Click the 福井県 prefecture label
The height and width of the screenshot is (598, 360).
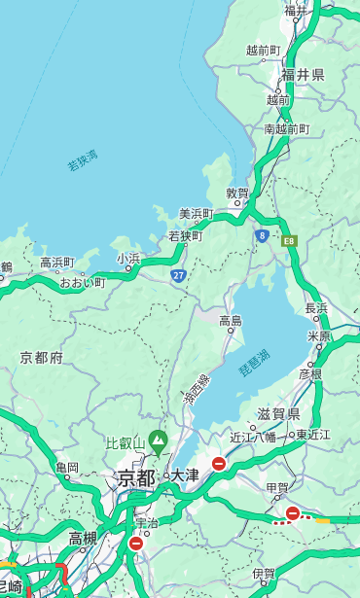pyautogui.click(x=303, y=75)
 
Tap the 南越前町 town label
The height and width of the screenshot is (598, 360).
pyautogui.click(x=286, y=129)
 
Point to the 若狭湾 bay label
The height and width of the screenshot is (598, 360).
pyautogui.click(x=83, y=160)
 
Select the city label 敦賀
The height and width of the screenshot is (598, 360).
pyautogui.click(x=237, y=193)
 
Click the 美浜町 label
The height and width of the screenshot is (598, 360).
pyautogui.click(x=196, y=214)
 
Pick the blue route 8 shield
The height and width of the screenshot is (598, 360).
pyautogui.click(x=262, y=235)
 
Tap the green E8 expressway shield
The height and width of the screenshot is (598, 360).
pyautogui.click(x=289, y=239)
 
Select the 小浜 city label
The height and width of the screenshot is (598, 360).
pyautogui.click(x=128, y=259)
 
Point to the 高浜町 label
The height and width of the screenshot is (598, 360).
pyautogui.click(x=56, y=263)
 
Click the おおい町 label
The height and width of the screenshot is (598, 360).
pyautogui.click(x=82, y=282)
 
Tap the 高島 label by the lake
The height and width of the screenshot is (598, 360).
pyautogui.click(x=231, y=321)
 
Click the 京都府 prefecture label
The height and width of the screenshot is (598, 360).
pyautogui.click(x=42, y=358)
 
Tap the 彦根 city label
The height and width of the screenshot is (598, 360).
pyautogui.click(x=310, y=373)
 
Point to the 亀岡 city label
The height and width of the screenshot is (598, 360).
pyautogui.click(x=67, y=468)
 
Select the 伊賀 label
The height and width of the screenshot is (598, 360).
pyautogui.click(x=264, y=574)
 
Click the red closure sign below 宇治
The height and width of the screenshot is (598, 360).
pyautogui.click(x=135, y=544)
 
